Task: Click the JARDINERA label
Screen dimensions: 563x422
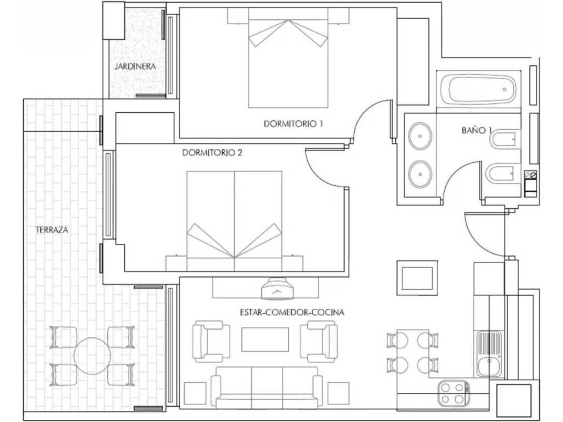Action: click(135, 66)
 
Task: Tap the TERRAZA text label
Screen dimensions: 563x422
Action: click(52, 230)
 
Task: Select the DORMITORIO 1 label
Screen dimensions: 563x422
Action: click(294, 124)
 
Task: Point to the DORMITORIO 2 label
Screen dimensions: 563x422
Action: click(212, 153)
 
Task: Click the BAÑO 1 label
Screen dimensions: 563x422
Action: click(477, 130)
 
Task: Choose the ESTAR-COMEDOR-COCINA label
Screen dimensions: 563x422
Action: click(292, 313)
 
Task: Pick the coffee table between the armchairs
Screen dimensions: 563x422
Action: click(265, 340)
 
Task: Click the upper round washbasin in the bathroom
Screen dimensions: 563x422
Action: click(420, 136)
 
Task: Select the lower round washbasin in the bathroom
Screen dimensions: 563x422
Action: click(420, 174)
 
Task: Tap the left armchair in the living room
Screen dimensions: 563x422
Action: click(211, 341)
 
